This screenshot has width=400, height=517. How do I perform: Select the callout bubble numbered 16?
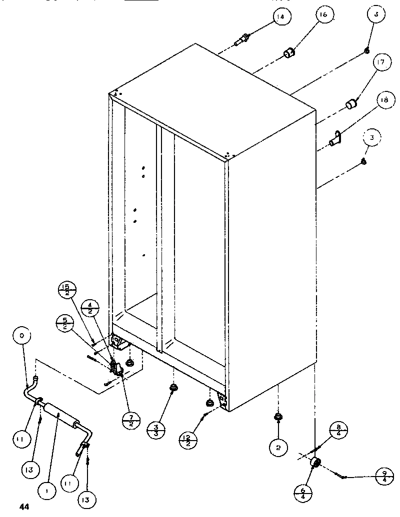coord(323,15)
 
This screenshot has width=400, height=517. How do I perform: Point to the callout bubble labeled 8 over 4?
coord(339,431)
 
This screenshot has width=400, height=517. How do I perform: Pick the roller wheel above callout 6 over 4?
coord(315,463)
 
